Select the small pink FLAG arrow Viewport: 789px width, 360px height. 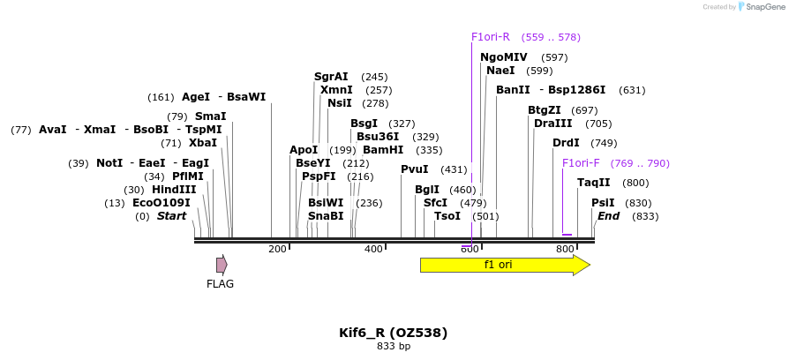(222, 264)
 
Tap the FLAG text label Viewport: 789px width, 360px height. (220, 284)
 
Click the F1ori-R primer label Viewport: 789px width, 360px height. (491, 37)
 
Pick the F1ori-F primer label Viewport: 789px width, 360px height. (581, 163)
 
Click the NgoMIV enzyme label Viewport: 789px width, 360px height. (503, 57)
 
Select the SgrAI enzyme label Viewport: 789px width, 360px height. (331, 77)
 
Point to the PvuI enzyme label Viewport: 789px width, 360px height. (414, 169)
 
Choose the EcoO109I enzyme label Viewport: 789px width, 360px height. (161, 203)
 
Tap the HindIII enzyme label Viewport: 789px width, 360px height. (174, 190)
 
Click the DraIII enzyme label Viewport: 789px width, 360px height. (552, 124)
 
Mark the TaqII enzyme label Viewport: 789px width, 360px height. (593, 183)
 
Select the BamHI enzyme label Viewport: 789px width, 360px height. (383, 150)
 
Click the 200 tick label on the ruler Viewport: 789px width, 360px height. (277, 250)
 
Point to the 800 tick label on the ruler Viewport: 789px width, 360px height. (565, 250)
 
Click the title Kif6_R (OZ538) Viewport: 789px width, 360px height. (394, 333)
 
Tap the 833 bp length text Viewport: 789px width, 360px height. (394, 346)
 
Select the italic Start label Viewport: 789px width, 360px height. (171, 216)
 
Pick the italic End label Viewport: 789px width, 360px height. (608, 216)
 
